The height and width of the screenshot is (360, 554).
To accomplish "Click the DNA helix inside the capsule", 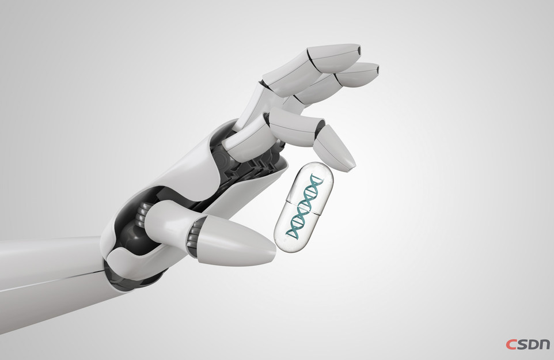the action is point(304,206).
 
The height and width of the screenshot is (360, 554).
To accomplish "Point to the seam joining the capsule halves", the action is point(303,208).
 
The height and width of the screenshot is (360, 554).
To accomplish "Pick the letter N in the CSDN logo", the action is point(544,345).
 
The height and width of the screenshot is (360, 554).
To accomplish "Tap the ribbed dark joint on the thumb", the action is point(193,236).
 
